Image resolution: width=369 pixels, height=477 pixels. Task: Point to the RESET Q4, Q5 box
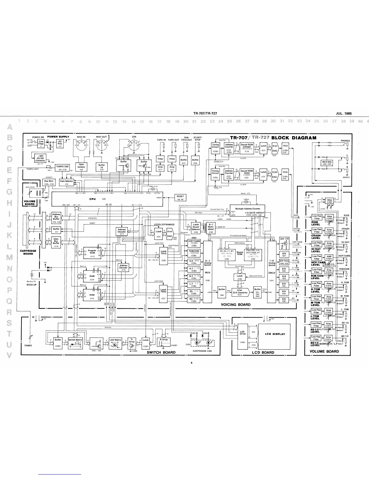pos(181,198)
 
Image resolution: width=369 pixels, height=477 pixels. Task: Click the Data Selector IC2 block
pos(66,182)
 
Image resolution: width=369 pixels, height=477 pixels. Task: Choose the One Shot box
pos(49,182)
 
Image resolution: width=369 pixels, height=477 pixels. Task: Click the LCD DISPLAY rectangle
pos(275,334)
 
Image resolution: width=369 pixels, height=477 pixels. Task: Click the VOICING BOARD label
pos(235,304)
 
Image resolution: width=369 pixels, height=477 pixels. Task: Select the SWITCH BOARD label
pos(161,352)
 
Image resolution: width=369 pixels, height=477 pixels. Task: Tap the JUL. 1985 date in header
pos(343,114)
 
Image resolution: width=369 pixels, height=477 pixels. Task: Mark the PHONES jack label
pos(345,141)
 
